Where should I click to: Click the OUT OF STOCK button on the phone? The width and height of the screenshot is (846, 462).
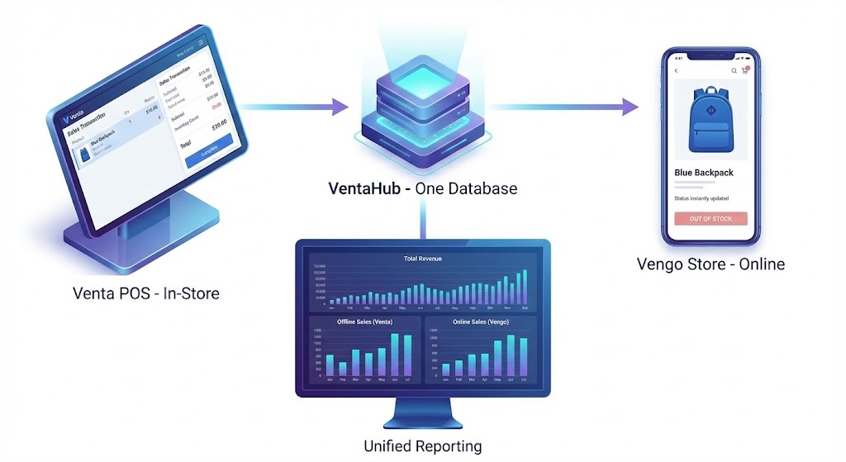[x=711, y=219]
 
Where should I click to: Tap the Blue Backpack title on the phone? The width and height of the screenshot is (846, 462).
[x=704, y=173]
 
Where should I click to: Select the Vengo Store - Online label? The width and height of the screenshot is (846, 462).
[x=711, y=264]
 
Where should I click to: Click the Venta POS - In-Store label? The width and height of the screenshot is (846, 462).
[x=146, y=292]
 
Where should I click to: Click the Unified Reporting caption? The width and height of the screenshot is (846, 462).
[x=422, y=446]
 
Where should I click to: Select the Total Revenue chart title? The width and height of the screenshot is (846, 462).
[x=422, y=259]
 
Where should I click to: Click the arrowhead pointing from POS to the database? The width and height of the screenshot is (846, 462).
[x=340, y=106]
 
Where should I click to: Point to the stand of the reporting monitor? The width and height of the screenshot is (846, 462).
[x=422, y=412]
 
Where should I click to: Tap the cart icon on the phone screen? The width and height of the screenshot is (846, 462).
[x=744, y=71]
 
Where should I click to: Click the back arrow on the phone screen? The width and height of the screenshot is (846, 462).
[x=677, y=71]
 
